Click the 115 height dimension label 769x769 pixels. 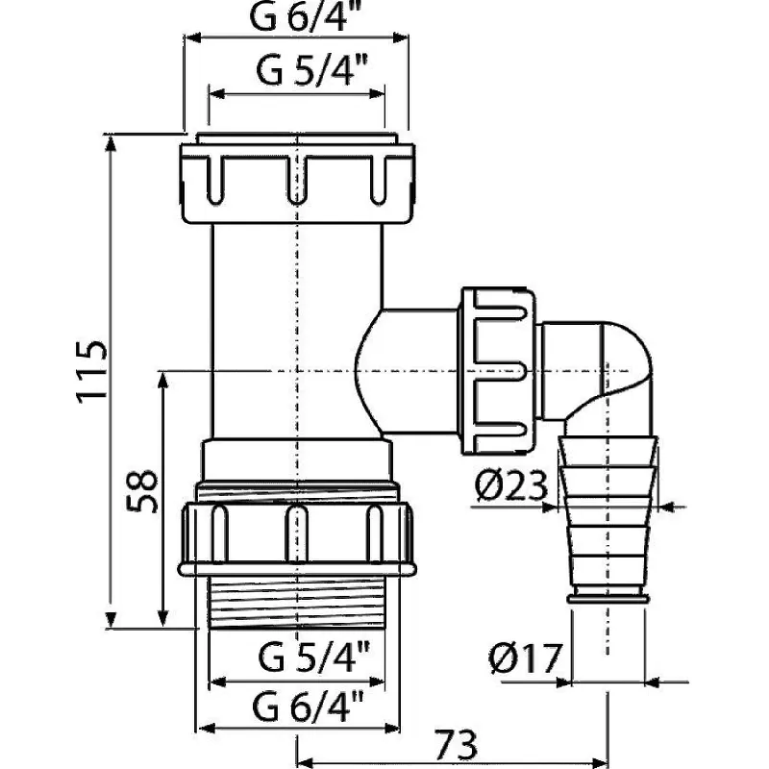coord(91,371)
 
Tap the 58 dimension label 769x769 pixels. coord(142,492)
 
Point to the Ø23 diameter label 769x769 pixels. coord(511,485)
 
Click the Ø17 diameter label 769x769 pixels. coord(524,658)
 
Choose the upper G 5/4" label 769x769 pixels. coord(311,70)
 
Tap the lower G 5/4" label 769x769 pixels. coord(313,657)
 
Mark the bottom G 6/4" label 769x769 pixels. coord(308,706)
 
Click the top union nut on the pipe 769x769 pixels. coord(297,182)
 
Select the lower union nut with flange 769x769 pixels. coord(297,538)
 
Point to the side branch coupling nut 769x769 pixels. coord(497,371)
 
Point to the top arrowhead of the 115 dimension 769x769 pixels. coord(111,143)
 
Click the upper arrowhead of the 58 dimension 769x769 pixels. coord(163,381)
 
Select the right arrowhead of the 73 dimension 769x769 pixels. coord(599,763)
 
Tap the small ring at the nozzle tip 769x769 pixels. coord(608,598)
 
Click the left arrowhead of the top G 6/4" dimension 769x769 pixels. coord(194,37)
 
